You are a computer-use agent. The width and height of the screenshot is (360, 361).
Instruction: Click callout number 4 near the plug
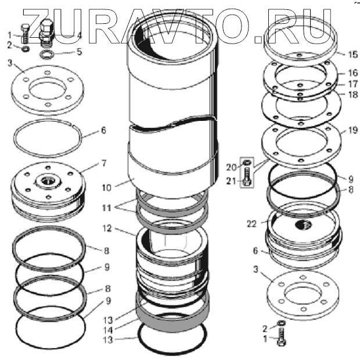point(80,35)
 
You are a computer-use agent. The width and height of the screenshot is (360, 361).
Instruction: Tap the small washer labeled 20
point(248,161)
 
